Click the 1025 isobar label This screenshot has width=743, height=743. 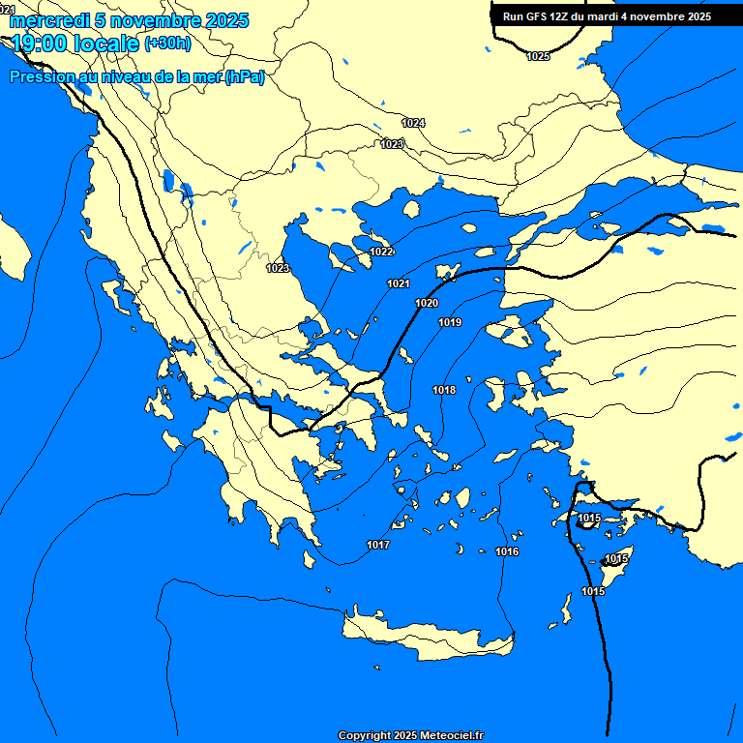(x=538, y=56)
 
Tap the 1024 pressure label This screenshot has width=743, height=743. (x=413, y=123)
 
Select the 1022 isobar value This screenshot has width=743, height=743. (x=382, y=252)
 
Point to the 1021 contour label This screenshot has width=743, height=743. (x=399, y=283)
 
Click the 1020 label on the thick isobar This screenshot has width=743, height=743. (x=427, y=303)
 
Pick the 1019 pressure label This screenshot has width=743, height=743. (x=450, y=322)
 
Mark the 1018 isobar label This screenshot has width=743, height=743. (x=444, y=390)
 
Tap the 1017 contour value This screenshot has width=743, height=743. (x=378, y=546)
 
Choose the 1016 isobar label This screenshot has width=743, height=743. (x=507, y=551)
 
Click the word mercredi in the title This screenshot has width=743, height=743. (x=48, y=20)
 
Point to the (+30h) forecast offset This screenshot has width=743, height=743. (x=167, y=44)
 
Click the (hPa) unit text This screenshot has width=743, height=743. (x=245, y=77)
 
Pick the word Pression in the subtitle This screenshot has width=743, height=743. (x=40, y=77)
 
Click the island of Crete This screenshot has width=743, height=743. (x=426, y=639)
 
